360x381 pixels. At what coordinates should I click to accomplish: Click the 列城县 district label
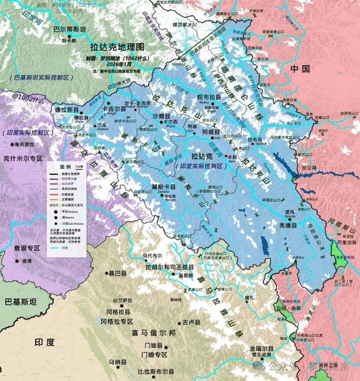211,133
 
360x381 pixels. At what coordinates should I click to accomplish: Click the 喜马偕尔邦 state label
154,333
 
